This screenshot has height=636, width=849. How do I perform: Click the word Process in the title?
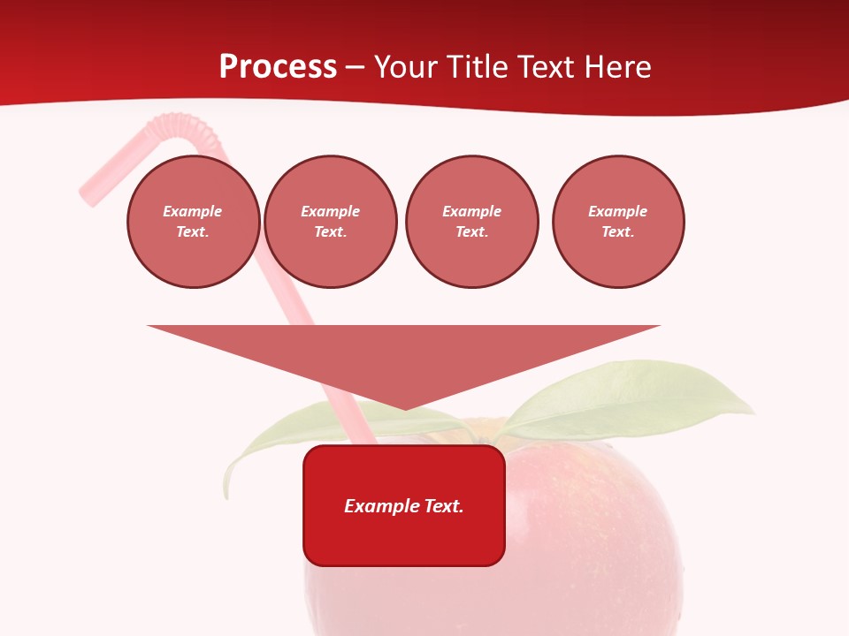[x=278, y=67]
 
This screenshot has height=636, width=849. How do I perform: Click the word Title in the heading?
[x=473, y=67]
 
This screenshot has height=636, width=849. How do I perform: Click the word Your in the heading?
[x=408, y=67]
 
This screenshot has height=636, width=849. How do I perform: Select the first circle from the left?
[x=193, y=222]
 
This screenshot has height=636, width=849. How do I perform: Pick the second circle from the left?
[x=331, y=222]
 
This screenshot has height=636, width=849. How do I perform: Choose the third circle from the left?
[x=471, y=222]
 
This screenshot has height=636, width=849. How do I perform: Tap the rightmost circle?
[x=618, y=222]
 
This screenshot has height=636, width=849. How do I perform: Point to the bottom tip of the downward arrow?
[x=404, y=409]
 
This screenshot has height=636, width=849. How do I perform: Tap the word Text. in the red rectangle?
[x=443, y=506]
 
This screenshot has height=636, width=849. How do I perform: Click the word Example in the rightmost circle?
[x=618, y=211]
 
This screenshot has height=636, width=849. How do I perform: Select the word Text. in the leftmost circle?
[x=193, y=232]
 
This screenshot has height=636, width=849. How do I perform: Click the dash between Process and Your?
[x=355, y=67]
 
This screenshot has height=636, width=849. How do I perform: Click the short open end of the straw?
[x=88, y=194]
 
